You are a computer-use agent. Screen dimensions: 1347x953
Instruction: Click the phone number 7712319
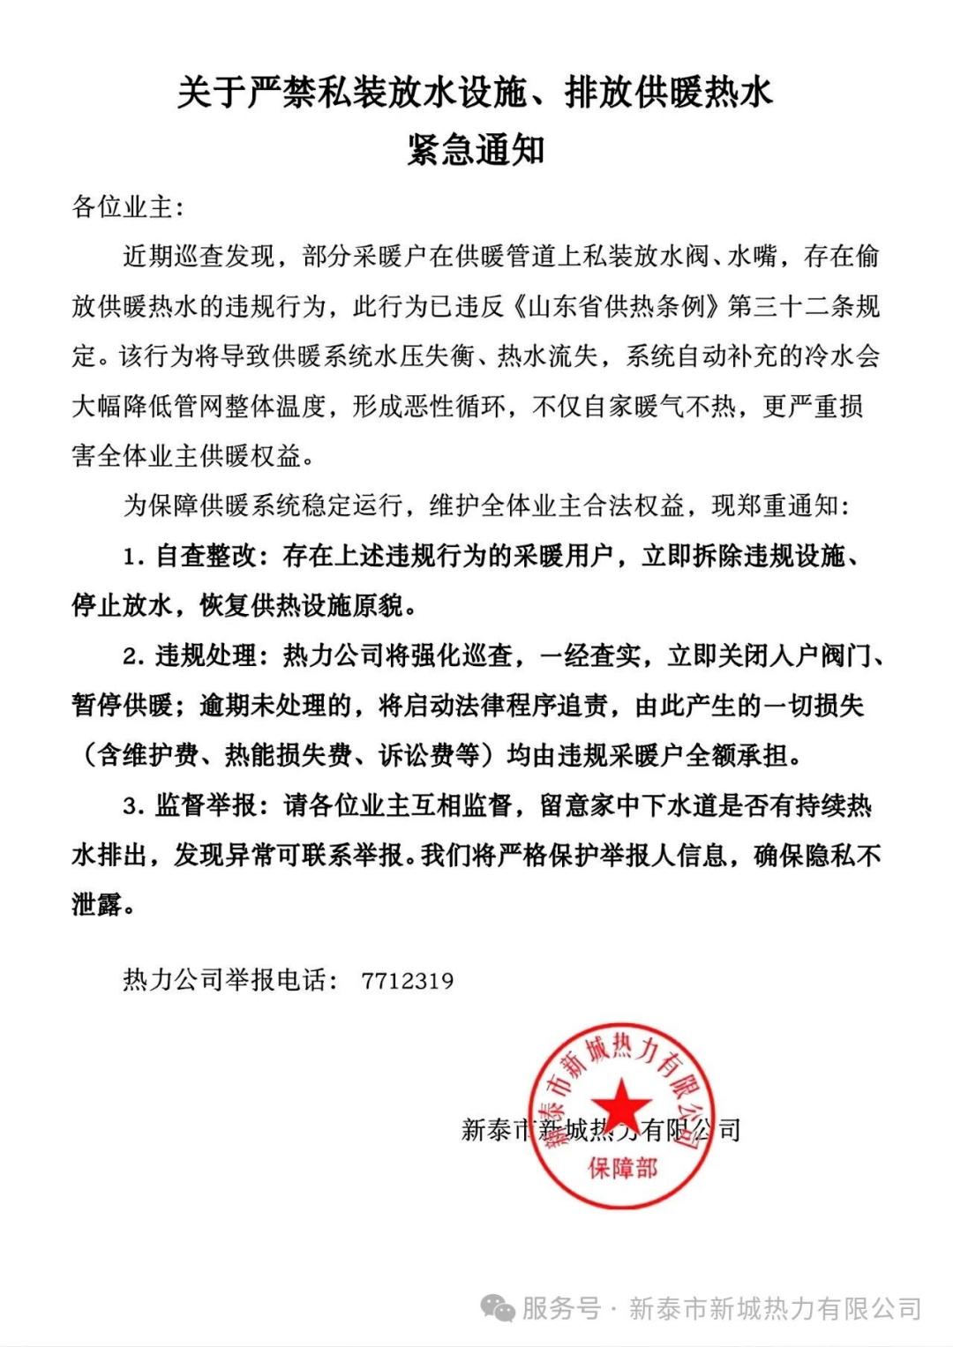(407, 981)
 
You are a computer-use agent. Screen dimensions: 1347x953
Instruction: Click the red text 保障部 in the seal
(623, 1168)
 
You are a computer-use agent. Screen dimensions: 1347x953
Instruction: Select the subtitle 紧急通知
(476, 149)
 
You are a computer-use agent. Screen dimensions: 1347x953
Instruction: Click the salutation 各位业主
(123, 207)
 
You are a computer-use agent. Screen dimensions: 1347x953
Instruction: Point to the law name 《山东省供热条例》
(616, 306)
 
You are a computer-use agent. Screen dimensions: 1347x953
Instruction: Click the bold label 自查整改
(206, 556)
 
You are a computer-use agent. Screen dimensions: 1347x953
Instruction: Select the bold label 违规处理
(206, 655)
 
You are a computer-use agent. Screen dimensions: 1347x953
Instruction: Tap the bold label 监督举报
(206, 805)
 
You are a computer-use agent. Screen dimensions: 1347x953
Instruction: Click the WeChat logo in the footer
(498, 1308)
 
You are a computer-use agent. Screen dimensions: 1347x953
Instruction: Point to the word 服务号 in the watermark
(561, 1308)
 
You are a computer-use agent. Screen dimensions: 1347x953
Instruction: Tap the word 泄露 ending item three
(97, 905)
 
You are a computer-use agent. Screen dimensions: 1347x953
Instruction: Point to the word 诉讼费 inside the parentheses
(416, 755)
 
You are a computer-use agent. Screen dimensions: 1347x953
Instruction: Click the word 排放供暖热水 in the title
(669, 92)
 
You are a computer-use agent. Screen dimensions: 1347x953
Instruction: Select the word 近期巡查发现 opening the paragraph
(199, 257)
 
